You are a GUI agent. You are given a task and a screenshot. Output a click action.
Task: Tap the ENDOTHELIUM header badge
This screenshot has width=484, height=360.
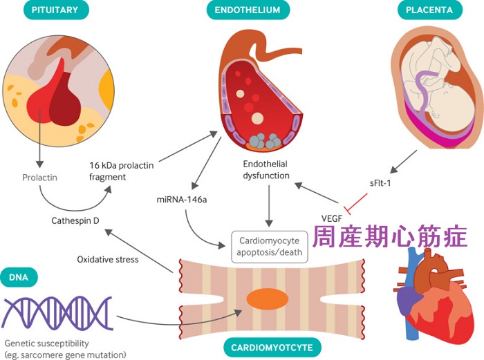(x=248, y=11)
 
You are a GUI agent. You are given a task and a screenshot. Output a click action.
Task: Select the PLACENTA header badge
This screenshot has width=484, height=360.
(x=431, y=11)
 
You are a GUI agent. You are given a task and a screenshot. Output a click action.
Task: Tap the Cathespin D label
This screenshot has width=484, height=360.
(x=76, y=222)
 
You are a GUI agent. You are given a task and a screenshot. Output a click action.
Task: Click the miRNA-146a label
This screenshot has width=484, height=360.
(x=178, y=199)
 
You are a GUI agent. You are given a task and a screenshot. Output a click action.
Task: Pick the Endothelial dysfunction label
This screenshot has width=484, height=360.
(x=266, y=171)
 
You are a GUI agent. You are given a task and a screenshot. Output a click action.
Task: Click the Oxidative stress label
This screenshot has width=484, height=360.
(x=108, y=260)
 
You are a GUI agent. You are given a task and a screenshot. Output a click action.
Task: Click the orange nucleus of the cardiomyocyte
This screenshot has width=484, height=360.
(x=268, y=299)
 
